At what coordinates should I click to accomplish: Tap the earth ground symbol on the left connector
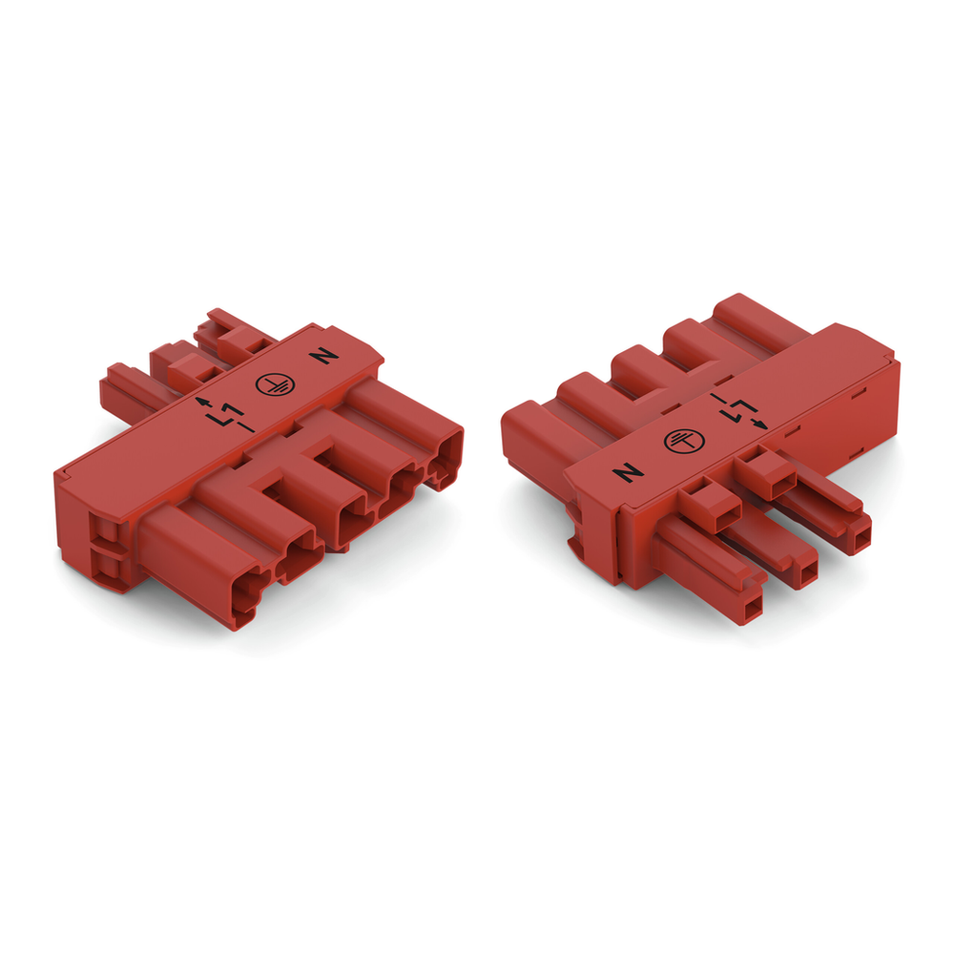271,384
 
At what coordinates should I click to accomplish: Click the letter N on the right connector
627,472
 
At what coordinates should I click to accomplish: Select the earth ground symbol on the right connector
682,440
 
